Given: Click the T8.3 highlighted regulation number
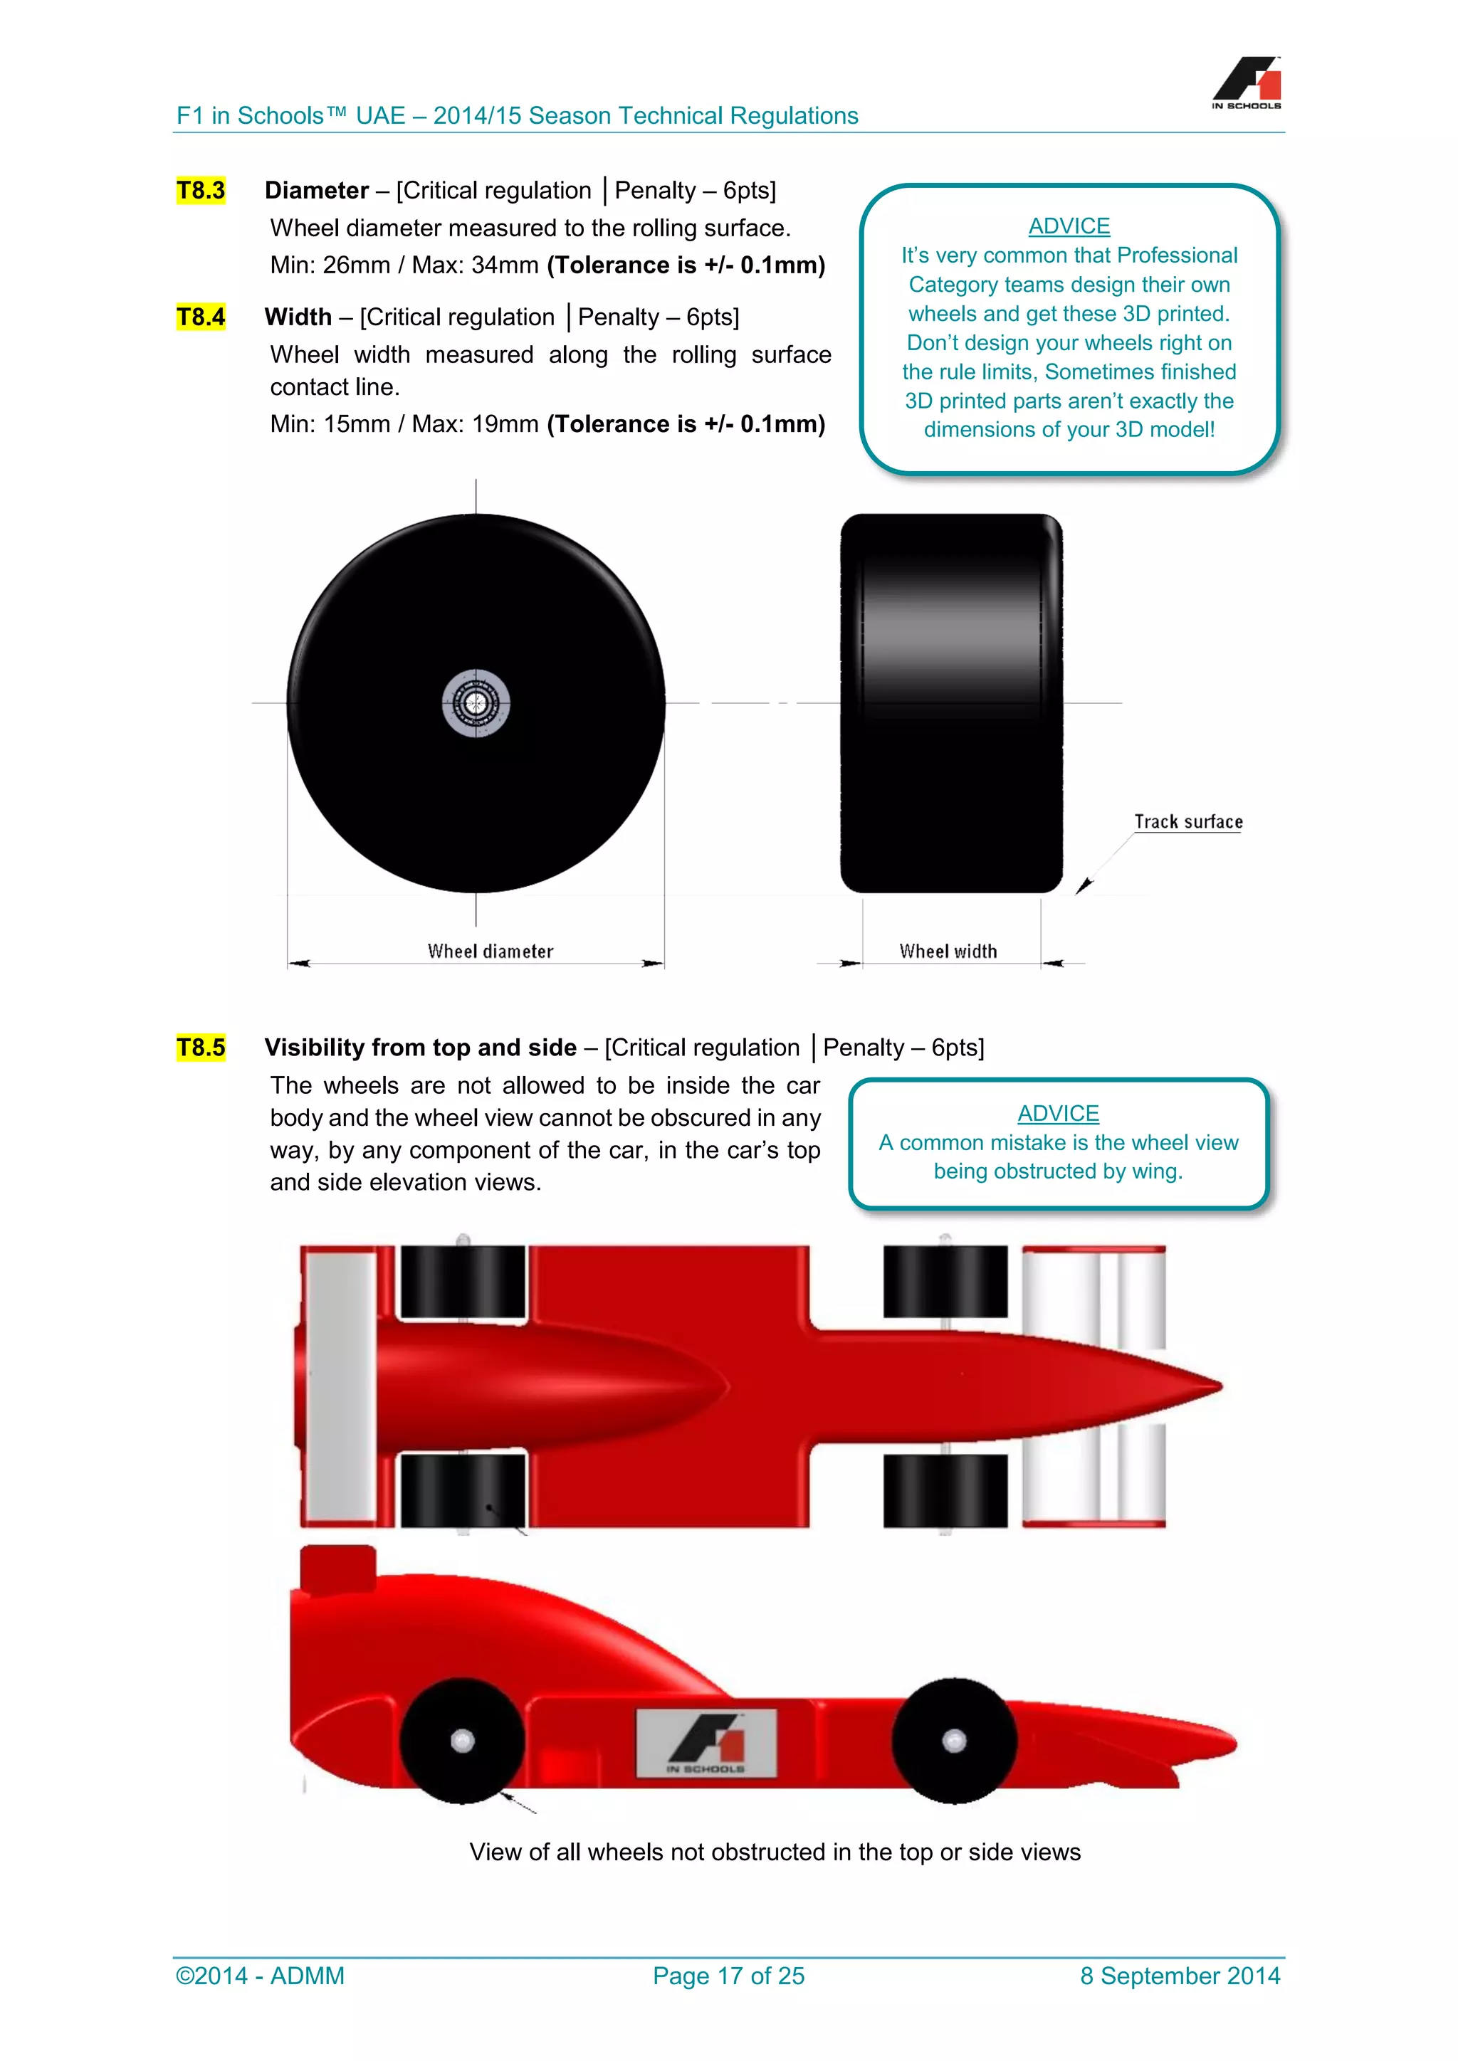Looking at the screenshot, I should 200,190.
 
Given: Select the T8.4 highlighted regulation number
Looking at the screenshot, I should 200,317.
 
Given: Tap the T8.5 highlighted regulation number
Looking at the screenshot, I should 200,1048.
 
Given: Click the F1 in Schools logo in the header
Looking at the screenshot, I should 1246,83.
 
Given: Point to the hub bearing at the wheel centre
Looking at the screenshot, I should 476,703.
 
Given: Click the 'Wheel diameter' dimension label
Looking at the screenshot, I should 491,952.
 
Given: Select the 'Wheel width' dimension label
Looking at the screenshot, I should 948,952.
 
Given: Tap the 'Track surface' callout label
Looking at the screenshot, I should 1187,821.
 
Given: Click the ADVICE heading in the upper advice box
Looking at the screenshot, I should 1069,226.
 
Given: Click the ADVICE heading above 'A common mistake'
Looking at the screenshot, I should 1058,1113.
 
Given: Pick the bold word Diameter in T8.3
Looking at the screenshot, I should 316,190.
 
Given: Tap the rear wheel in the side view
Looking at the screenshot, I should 461,1741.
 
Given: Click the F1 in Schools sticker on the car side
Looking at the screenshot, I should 706,1743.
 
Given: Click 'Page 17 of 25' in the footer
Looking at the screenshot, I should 728,1976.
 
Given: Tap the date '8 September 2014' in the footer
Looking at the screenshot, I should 1180,1976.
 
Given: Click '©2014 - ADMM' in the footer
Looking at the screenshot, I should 261,1976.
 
